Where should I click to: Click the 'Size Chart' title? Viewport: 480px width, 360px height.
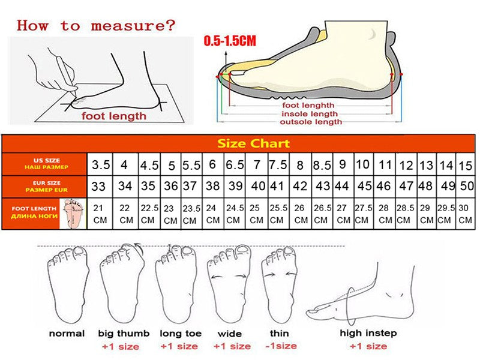[253, 143]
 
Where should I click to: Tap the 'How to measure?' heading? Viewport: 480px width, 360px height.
[96, 25]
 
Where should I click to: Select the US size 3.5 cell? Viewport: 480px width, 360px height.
[100, 164]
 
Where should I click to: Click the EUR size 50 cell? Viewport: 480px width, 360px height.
[466, 187]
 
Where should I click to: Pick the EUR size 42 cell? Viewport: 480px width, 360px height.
[300, 187]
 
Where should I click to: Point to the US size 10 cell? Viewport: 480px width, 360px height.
[362, 164]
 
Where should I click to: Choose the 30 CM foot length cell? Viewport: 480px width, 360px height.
[465, 214]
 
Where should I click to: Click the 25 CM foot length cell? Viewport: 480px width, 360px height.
[256, 214]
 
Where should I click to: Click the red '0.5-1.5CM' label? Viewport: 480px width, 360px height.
[230, 41]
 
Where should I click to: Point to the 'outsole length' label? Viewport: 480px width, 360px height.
[311, 122]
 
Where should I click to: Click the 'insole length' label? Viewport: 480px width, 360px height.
[310, 113]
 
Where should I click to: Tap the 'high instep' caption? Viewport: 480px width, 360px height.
[368, 333]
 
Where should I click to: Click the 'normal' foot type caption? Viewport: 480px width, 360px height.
[66, 333]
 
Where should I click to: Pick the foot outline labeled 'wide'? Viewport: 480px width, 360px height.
[230, 285]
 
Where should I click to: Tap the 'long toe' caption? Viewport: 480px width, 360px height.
[180, 333]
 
